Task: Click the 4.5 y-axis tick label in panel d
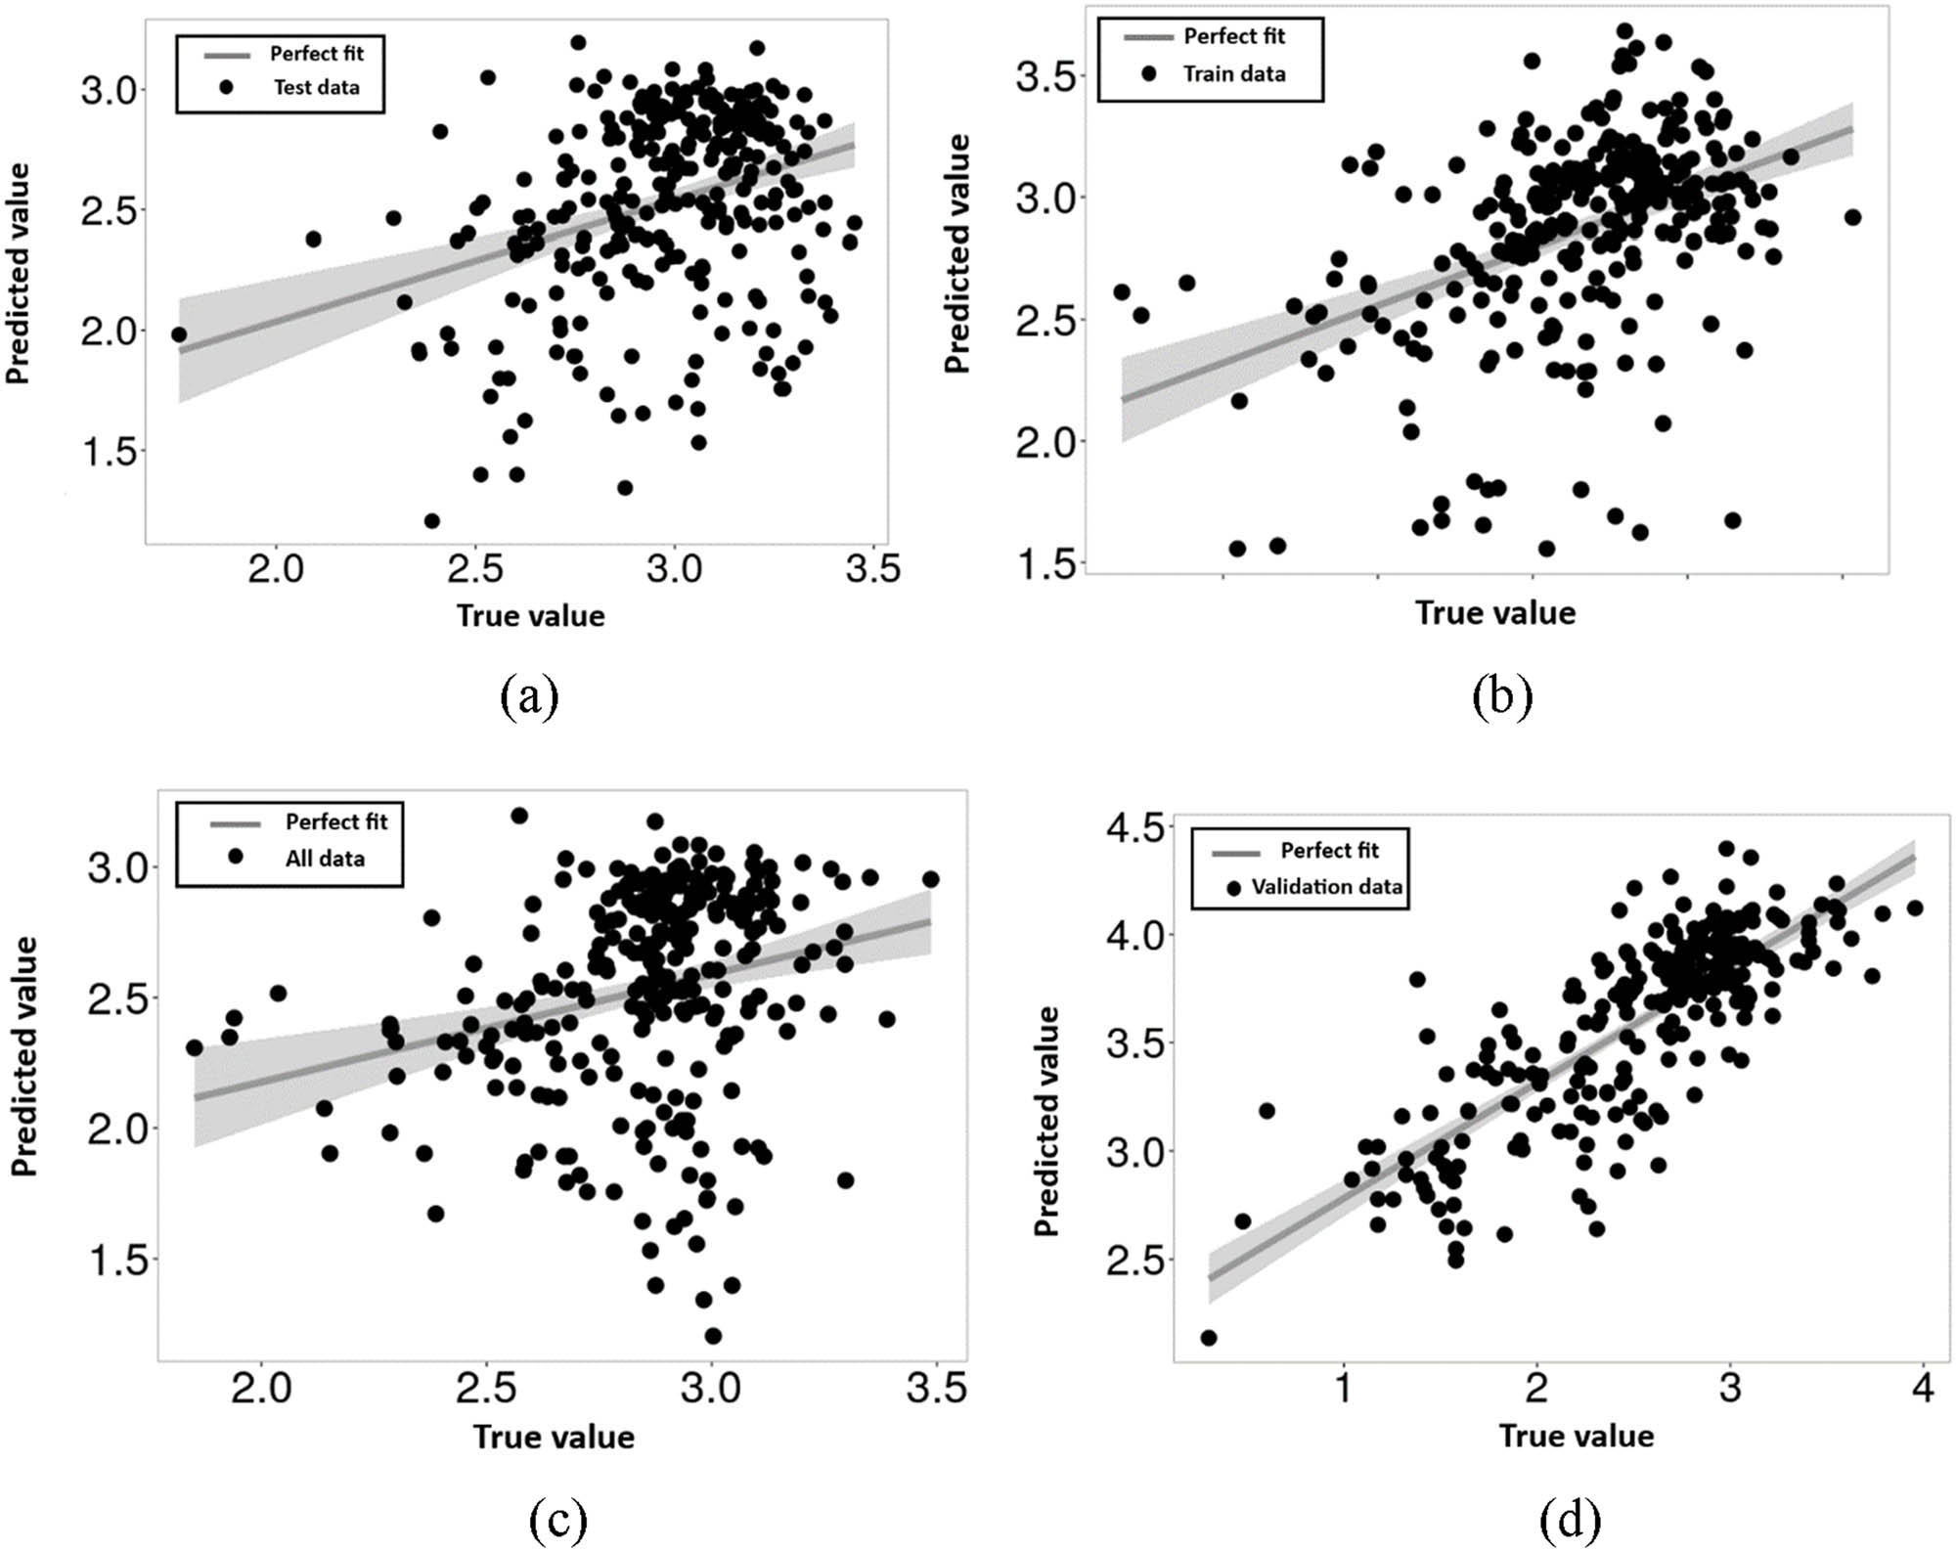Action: (x=1139, y=827)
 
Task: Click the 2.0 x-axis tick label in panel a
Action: (x=276, y=568)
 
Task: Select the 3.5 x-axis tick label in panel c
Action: (x=936, y=1388)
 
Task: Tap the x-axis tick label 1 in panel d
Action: (x=1344, y=1387)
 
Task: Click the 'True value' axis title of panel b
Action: (x=1494, y=613)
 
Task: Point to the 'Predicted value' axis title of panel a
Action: (x=19, y=274)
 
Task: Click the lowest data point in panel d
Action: (x=1209, y=1338)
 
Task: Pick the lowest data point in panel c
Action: (x=713, y=1336)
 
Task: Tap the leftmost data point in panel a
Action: (x=179, y=334)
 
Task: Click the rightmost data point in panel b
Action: (x=1852, y=217)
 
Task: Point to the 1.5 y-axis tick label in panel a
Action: (x=109, y=452)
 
